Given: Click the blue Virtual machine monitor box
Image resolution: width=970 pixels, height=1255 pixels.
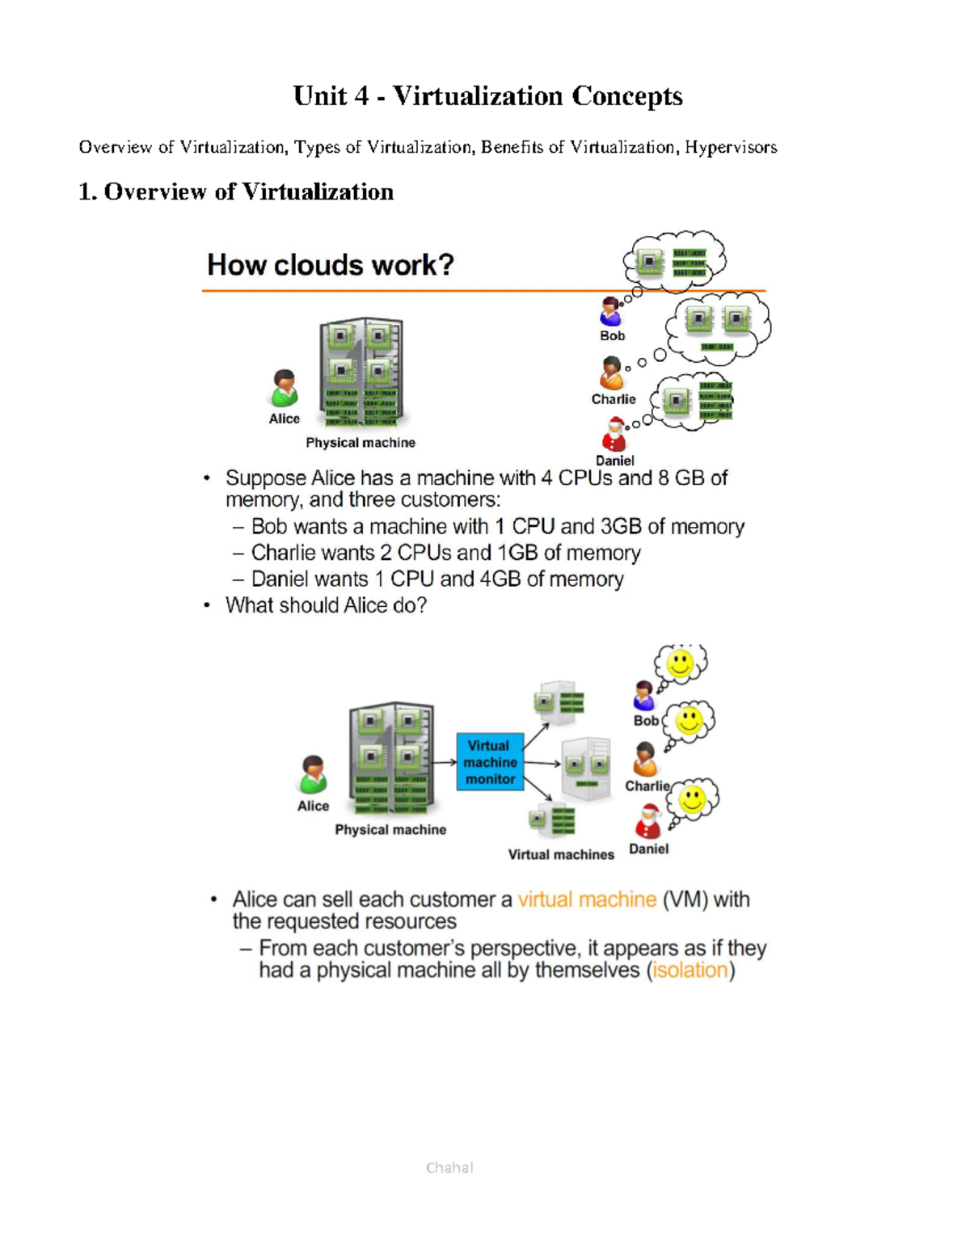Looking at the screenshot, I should (x=490, y=762).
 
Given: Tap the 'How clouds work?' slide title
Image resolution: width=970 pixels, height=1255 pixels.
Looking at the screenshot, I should (x=330, y=264).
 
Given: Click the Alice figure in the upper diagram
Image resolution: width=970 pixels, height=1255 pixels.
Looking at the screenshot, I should (x=284, y=389).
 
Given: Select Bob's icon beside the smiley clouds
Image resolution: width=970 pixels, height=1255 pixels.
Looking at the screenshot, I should (x=644, y=696).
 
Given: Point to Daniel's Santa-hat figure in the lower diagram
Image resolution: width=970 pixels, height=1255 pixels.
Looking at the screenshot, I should (x=648, y=822).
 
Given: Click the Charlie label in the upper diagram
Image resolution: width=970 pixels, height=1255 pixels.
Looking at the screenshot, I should (x=614, y=399).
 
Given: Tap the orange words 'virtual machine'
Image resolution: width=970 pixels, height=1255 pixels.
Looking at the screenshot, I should (x=587, y=899).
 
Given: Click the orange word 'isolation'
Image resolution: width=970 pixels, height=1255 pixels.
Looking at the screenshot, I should (x=690, y=970).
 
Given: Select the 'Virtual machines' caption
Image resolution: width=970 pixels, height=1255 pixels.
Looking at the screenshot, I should (x=561, y=854).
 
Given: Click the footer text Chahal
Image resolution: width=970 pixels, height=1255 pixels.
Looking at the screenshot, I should (x=449, y=1167).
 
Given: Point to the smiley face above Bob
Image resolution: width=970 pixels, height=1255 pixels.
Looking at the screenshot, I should (x=680, y=663).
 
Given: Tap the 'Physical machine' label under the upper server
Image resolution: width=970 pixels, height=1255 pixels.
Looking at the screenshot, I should (x=361, y=443).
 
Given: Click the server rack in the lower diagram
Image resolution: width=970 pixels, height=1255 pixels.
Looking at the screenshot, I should (x=391, y=757).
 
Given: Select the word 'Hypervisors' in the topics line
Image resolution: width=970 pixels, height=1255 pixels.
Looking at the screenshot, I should (x=731, y=147).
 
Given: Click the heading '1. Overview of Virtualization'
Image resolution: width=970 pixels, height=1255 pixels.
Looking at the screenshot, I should (x=236, y=192).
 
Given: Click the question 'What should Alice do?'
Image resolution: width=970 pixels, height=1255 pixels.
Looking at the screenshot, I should (x=326, y=605).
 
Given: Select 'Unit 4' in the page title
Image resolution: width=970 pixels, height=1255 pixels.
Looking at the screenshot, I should (x=331, y=95).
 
